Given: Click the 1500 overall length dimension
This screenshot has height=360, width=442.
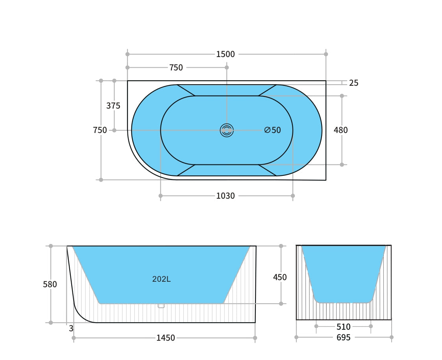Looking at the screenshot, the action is pos(225,54).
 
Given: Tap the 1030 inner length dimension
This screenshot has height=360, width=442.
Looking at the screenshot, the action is pos(225,196).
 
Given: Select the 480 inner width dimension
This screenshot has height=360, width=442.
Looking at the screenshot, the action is pos(340,130).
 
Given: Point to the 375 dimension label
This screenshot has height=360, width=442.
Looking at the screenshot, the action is pos(113,105).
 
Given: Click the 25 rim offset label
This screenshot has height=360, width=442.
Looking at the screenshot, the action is pos(353,83).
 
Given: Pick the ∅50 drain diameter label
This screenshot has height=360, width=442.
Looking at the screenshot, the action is pos(273,130).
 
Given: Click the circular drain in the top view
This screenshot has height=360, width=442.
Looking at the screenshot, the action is pos(227,130).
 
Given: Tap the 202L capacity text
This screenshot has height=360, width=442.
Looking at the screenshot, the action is pos(161,279).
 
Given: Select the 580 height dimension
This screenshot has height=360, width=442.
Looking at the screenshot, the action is pos(50,284).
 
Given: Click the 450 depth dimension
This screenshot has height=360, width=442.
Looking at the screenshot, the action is pos(279,277).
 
